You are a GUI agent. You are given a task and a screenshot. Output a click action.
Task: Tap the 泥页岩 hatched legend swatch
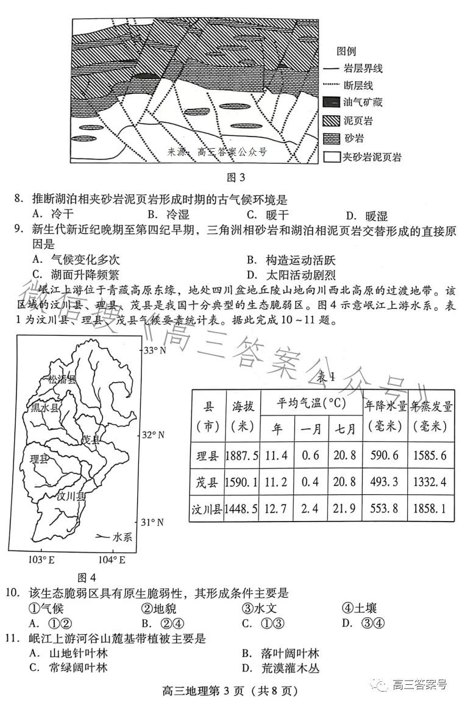click(x=332, y=121)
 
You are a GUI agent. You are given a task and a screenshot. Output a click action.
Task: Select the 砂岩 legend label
click(x=357, y=139)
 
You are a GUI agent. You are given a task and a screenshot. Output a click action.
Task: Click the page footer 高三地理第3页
click(x=230, y=691)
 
